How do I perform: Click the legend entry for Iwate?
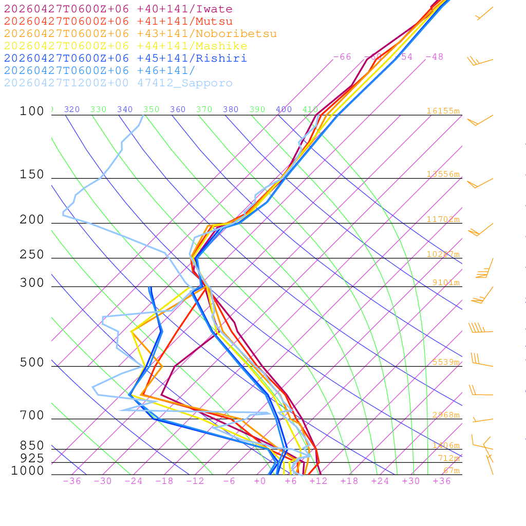[x=118, y=9]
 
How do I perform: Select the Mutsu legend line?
[x=118, y=22]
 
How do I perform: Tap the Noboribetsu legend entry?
[x=140, y=34]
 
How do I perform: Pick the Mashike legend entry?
[x=125, y=46]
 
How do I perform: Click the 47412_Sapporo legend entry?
[x=118, y=83]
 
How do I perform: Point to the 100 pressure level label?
[x=32, y=111]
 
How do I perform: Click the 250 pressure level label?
[x=32, y=255]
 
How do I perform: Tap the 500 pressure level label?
[x=32, y=363]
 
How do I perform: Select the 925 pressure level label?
[x=32, y=458]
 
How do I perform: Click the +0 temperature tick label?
[x=260, y=481]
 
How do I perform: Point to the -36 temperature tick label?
[x=71, y=481]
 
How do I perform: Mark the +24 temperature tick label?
[x=380, y=481]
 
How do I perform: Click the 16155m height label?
[x=443, y=111]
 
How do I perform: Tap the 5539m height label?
[x=445, y=362]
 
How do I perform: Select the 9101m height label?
[x=445, y=283]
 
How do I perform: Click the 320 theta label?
[x=72, y=109]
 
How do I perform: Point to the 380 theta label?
[x=231, y=109]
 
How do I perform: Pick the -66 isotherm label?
[x=342, y=57]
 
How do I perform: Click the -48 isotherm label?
[x=434, y=57]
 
